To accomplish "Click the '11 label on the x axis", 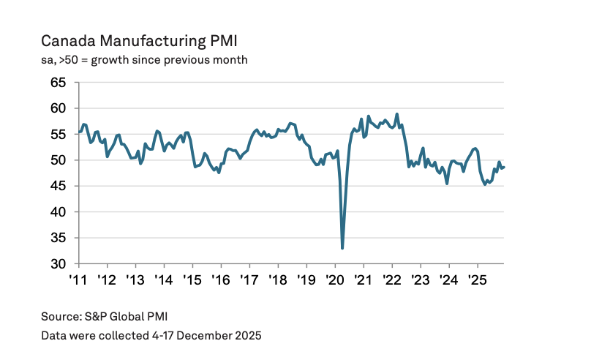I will coord(79,280).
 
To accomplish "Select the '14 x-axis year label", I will coord(164,280).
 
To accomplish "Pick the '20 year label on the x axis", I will coord(334,280).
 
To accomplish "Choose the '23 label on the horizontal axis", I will coord(420,280).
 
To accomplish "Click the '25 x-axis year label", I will coord(477,280).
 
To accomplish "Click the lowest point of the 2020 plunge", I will coord(342,249).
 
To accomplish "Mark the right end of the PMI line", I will coord(504,168).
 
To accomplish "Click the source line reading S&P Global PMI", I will coord(109,316).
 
